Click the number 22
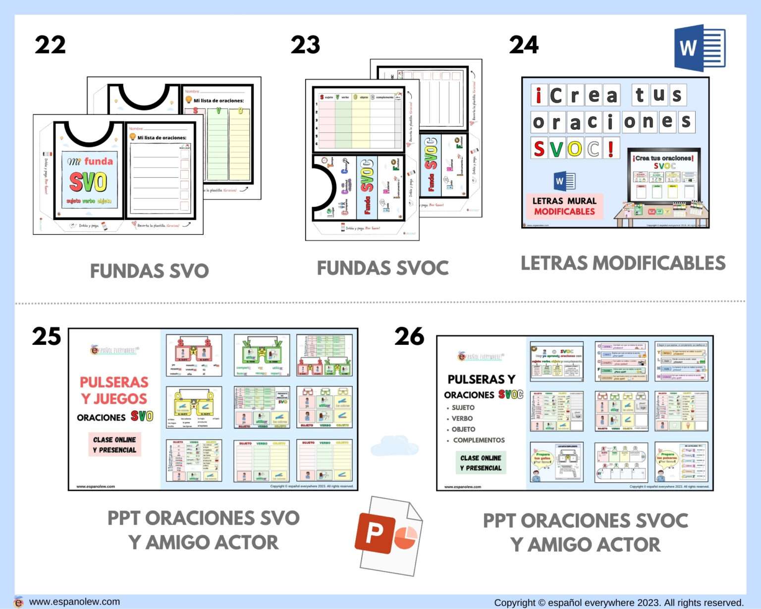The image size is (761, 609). (x=50, y=45)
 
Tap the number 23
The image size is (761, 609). (x=305, y=45)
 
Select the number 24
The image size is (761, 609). (x=524, y=45)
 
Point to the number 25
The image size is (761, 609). (x=47, y=336)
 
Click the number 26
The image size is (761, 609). (x=409, y=336)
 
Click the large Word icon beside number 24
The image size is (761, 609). (x=699, y=48)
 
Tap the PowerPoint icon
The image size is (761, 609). (x=387, y=536)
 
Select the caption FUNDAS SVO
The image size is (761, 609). (x=149, y=271)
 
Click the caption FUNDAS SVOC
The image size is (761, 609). (x=382, y=268)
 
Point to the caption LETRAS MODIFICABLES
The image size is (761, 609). (x=623, y=263)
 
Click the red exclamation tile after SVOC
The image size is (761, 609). (x=611, y=148)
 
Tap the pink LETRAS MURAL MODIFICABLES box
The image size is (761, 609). (x=564, y=206)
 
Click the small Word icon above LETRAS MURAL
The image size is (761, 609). (x=564, y=181)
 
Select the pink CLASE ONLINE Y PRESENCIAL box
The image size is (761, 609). (x=114, y=444)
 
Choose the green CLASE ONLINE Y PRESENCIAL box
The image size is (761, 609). (x=481, y=463)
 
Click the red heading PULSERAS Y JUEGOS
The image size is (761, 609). (x=114, y=390)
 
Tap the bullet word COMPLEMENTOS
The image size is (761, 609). (x=479, y=440)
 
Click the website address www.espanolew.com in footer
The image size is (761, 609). (x=74, y=602)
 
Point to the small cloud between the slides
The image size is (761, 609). (x=394, y=445)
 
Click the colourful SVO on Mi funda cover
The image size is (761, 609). (x=88, y=182)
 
